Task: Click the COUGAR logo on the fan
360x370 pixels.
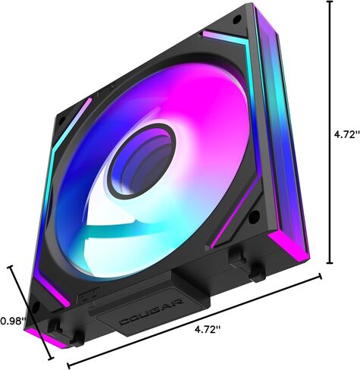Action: point(151,312)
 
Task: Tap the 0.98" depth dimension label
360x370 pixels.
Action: point(13,321)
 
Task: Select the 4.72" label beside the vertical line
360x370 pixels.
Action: point(346,135)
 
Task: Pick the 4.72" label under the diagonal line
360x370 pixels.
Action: point(208,329)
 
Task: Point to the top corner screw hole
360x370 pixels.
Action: point(236,18)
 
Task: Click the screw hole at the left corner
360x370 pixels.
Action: point(62,121)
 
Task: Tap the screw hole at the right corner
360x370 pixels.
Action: point(254,217)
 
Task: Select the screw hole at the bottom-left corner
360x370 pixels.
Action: point(36,307)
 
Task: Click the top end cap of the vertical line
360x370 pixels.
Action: point(330,2)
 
